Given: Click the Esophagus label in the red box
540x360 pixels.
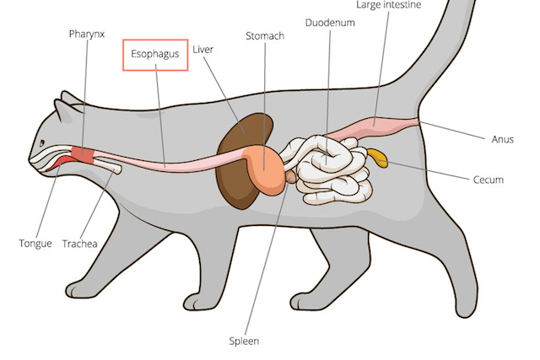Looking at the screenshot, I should click(154, 55).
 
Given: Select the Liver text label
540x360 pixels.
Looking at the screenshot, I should click(202, 50).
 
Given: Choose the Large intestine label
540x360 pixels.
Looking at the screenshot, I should click(388, 6).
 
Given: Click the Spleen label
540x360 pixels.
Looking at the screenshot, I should click(244, 341).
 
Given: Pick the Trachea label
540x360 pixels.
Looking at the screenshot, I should click(80, 244).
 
